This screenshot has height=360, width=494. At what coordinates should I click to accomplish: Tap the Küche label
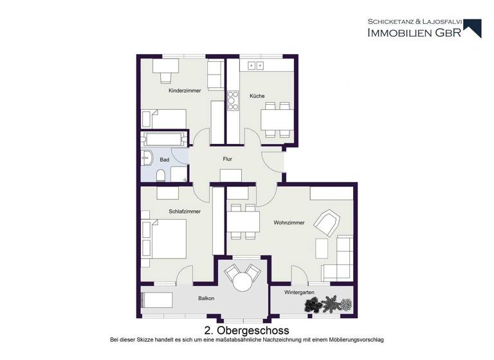(257, 96)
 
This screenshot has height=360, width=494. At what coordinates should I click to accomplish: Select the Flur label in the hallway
(227, 158)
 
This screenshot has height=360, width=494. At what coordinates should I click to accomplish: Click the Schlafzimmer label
(185, 211)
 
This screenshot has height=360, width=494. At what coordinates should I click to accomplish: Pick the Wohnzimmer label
(288, 223)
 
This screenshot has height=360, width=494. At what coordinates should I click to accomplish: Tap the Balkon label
(206, 298)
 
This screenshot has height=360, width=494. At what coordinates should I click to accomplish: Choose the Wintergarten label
(300, 292)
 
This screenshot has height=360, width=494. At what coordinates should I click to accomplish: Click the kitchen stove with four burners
(232, 102)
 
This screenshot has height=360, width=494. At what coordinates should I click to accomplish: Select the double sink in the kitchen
(256, 66)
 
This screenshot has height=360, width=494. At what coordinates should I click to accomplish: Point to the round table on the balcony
(242, 282)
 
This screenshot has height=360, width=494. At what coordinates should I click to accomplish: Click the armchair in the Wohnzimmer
(325, 223)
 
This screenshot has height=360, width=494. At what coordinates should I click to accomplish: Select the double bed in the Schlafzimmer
(165, 239)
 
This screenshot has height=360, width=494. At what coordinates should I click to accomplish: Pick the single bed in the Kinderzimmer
(165, 119)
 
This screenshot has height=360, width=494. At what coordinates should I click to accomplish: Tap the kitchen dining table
(277, 120)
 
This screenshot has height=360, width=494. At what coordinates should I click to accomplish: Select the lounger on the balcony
(158, 299)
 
